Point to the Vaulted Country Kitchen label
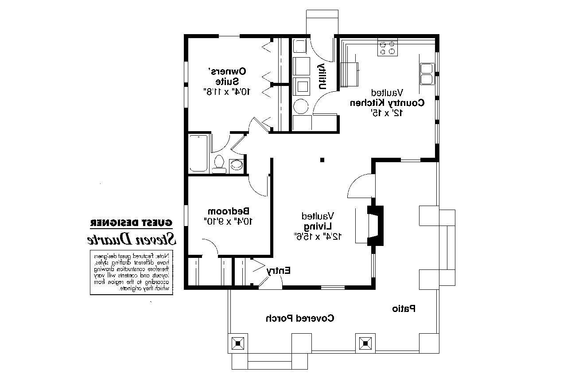point(387,102)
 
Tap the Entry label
point(279,270)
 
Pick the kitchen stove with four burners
point(387,48)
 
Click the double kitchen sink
point(426,74)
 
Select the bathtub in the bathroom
point(198,153)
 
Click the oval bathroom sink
point(236,165)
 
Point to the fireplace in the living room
point(375,225)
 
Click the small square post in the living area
point(322,160)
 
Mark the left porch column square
point(238,343)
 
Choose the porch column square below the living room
point(365,343)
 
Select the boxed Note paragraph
point(132,273)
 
